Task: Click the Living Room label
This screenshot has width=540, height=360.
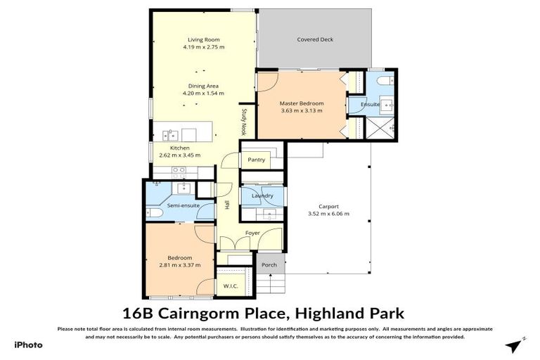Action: pyautogui.click(x=202, y=39)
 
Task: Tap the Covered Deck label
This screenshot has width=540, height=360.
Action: pyautogui.click(x=314, y=39)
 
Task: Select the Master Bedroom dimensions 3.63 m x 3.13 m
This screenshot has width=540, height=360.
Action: pyautogui.click(x=301, y=110)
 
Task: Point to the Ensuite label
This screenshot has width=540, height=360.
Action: pyautogui.click(x=370, y=105)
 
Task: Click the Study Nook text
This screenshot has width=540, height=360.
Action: pyautogui.click(x=244, y=120)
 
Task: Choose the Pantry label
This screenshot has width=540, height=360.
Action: pyautogui.click(x=256, y=160)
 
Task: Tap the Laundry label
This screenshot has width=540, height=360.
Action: pyautogui.click(x=262, y=195)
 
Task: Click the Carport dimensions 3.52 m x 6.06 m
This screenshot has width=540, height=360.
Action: pyautogui.click(x=328, y=214)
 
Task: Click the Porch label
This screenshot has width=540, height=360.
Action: pyautogui.click(x=269, y=265)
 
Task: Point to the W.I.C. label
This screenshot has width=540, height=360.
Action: pyautogui.click(x=231, y=286)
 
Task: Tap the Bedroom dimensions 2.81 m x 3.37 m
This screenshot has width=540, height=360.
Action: pyautogui.click(x=180, y=265)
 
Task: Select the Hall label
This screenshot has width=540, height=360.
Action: pyautogui.click(x=227, y=205)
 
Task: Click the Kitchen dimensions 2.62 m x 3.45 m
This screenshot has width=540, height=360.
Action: pyautogui.click(x=179, y=155)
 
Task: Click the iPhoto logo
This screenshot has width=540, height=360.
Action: pyautogui.click(x=28, y=345)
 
